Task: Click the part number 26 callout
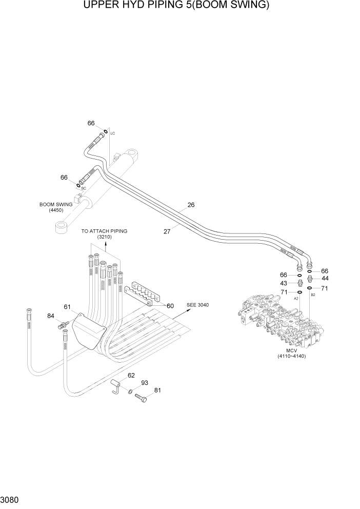click(x=191, y=205)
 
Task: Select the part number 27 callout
click(x=167, y=231)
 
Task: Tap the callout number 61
click(x=67, y=307)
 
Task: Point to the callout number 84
click(x=51, y=316)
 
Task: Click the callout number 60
click(x=170, y=306)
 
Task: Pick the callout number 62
click(x=131, y=376)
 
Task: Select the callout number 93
click(x=144, y=383)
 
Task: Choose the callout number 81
click(x=157, y=390)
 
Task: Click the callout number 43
click(x=284, y=283)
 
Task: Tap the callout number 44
click(x=325, y=279)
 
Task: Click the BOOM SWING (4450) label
click(x=56, y=207)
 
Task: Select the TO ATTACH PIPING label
click(x=104, y=231)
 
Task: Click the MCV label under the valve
click(x=292, y=350)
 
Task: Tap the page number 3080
click(x=11, y=500)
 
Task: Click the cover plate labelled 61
click(x=89, y=331)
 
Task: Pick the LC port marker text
click(x=113, y=133)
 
